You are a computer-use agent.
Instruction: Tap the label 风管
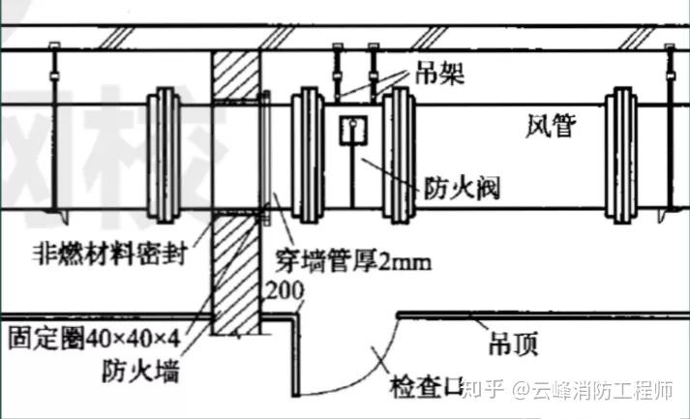coord(551,125)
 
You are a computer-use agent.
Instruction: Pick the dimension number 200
coord(285,290)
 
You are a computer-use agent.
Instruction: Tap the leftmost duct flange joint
coord(161,155)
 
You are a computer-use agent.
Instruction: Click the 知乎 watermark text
coord(481,391)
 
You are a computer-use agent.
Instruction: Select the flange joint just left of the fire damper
coord(309,155)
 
